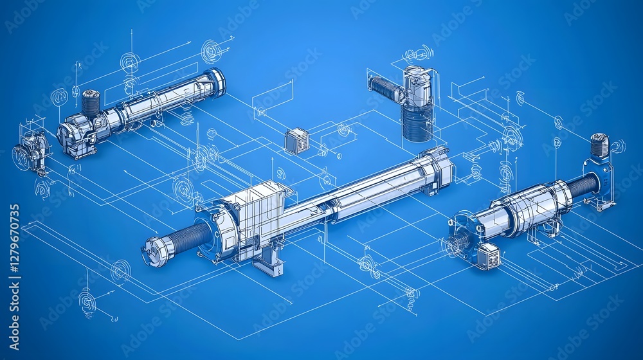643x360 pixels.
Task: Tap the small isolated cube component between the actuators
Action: point(297,140)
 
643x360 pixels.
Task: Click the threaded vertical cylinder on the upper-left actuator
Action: point(91,103)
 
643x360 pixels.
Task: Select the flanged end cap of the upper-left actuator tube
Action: point(216,82)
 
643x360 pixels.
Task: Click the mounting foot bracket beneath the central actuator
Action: point(267,260)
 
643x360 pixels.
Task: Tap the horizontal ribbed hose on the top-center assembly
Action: point(385,88)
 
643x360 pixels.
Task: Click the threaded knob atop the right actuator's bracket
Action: point(599,145)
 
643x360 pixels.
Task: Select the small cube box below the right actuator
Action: point(488,256)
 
